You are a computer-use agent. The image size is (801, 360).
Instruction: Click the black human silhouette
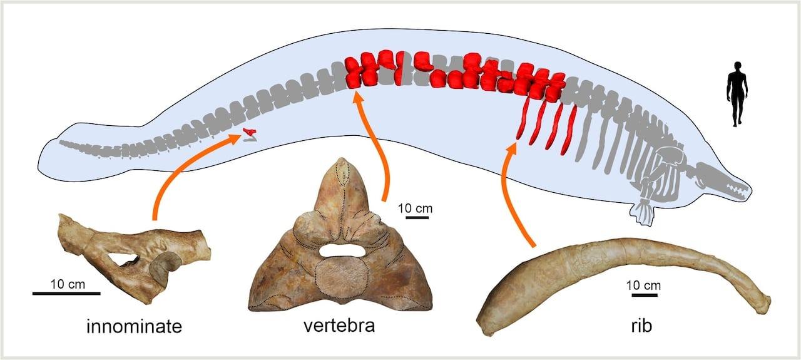point(737,94)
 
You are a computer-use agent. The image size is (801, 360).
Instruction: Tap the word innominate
point(133,326)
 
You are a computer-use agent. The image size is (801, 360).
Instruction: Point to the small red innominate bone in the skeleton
point(250,132)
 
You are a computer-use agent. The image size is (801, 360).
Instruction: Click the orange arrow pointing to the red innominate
point(181,169)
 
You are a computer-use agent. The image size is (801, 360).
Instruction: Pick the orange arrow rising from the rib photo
point(516,194)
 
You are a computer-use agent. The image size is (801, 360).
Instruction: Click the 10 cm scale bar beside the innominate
point(66,292)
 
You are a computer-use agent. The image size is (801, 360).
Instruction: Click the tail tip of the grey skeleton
point(63,143)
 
